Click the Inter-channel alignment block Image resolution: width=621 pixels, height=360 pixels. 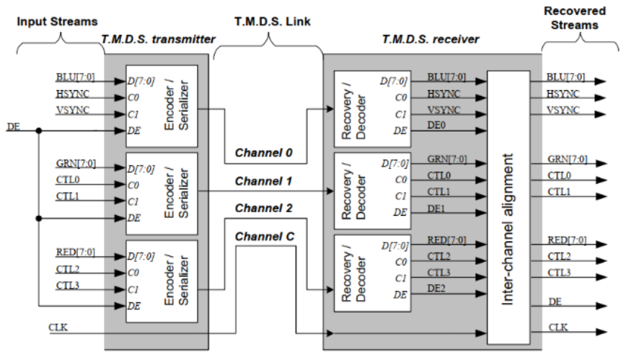coord(508,207)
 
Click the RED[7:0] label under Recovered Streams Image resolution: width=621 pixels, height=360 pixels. coord(566,242)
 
